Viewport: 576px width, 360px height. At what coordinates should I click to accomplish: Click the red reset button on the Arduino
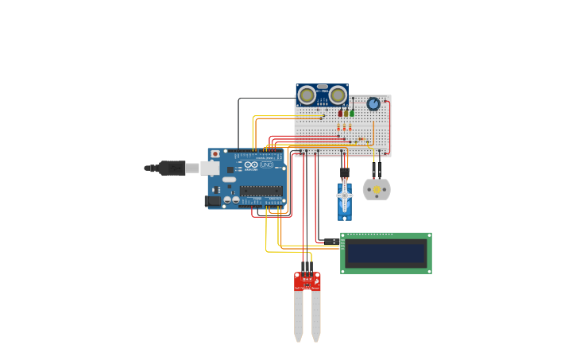click(215, 154)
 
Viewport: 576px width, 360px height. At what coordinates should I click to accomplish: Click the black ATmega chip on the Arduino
click(261, 191)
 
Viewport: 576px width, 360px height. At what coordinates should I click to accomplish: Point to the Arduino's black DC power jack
click(212, 201)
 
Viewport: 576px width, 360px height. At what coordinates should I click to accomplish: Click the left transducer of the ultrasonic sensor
click(307, 95)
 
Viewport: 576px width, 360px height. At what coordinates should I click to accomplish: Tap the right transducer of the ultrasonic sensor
click(338, 95)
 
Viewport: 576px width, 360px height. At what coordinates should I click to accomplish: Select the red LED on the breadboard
click(340, 113)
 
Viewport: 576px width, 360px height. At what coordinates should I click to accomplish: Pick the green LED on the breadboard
click(352, 113)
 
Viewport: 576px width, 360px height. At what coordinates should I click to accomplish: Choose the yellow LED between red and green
click(346, 113)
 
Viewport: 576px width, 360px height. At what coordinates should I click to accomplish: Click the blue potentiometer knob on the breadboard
click(373, 104)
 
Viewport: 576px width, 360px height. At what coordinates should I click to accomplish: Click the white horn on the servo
click(344, 195)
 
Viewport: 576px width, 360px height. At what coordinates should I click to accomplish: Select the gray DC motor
click(377, 190)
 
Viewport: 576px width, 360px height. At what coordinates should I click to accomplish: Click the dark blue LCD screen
click(386, 254)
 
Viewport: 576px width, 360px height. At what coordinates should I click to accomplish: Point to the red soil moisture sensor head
click(307, 281)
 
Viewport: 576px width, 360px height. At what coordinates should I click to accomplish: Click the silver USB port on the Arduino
click(211, 168)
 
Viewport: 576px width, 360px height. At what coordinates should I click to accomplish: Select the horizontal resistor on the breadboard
click(361, 139)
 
